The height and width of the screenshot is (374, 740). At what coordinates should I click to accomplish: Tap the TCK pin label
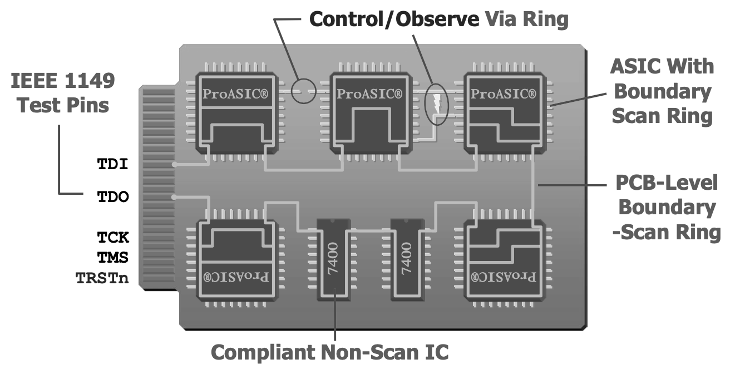pos(114,237)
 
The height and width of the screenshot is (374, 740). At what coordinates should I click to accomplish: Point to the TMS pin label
pos(114,258)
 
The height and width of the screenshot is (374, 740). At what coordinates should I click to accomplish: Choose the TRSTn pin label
pos(102,278)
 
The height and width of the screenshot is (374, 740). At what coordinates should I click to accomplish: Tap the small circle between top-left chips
pos(304,91)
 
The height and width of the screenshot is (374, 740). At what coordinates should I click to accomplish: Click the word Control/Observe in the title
pos(394,19)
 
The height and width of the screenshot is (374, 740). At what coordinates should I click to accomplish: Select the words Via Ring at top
pos(526,19)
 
